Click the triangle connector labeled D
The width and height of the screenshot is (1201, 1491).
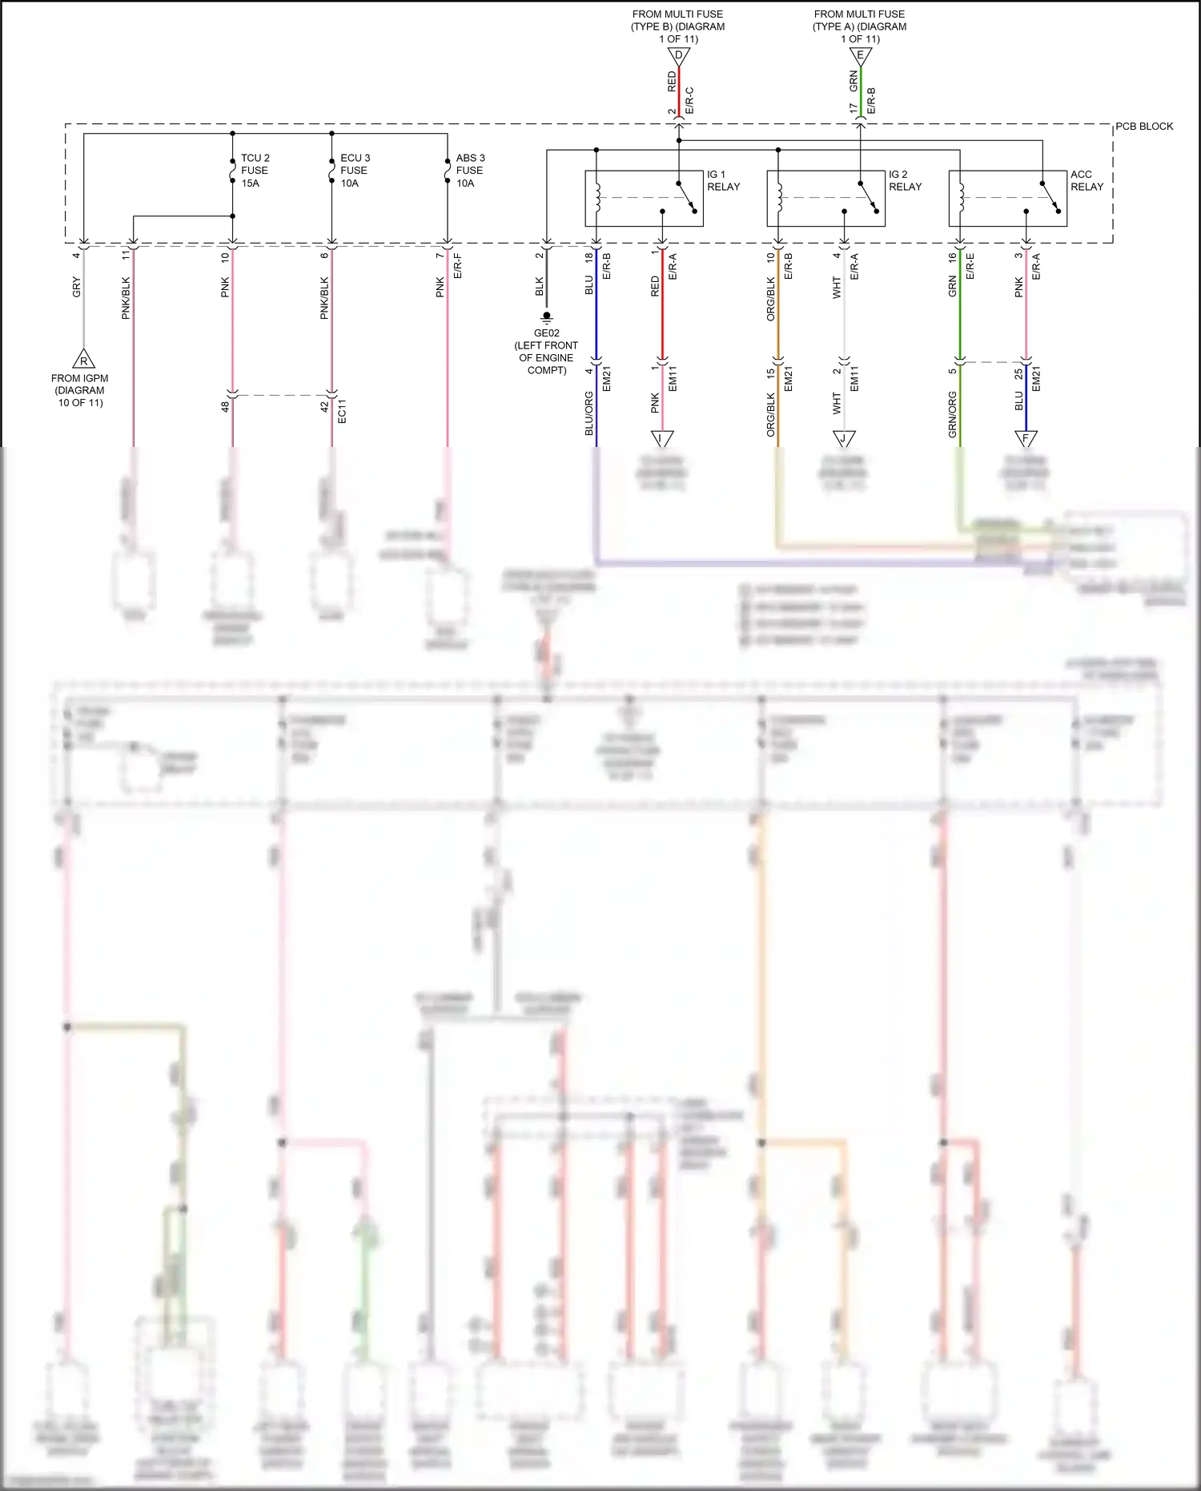(678, 56)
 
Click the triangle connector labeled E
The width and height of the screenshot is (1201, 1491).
(860, 56)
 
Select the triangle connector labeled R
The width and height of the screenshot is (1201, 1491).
(83, 359)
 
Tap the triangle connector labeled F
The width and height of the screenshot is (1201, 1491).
(1026, 437)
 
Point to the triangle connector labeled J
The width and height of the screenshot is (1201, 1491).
(844, 437)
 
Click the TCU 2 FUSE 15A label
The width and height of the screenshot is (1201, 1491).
(255, 171)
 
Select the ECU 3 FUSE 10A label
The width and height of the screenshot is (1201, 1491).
(355, 171)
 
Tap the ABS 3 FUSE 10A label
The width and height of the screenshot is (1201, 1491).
(470, 171)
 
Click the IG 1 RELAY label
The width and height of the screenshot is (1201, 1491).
(723, 180)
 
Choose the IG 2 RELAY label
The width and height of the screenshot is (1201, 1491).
(905, 180)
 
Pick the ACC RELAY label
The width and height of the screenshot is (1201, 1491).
(1087, 180)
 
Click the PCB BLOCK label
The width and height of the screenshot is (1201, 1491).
(1144, 127)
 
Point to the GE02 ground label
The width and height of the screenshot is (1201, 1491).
(546, 333)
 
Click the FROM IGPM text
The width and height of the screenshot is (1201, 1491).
(80, 378)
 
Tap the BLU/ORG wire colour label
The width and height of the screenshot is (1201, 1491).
(589, 413)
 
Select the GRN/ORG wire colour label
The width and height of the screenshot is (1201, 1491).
(953, 413)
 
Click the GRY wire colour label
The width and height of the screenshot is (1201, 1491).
(77, 287)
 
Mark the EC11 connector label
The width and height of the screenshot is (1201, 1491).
(342, 411)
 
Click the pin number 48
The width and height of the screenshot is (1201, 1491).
(226, 407)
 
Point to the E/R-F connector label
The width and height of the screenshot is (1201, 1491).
(458, 267)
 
